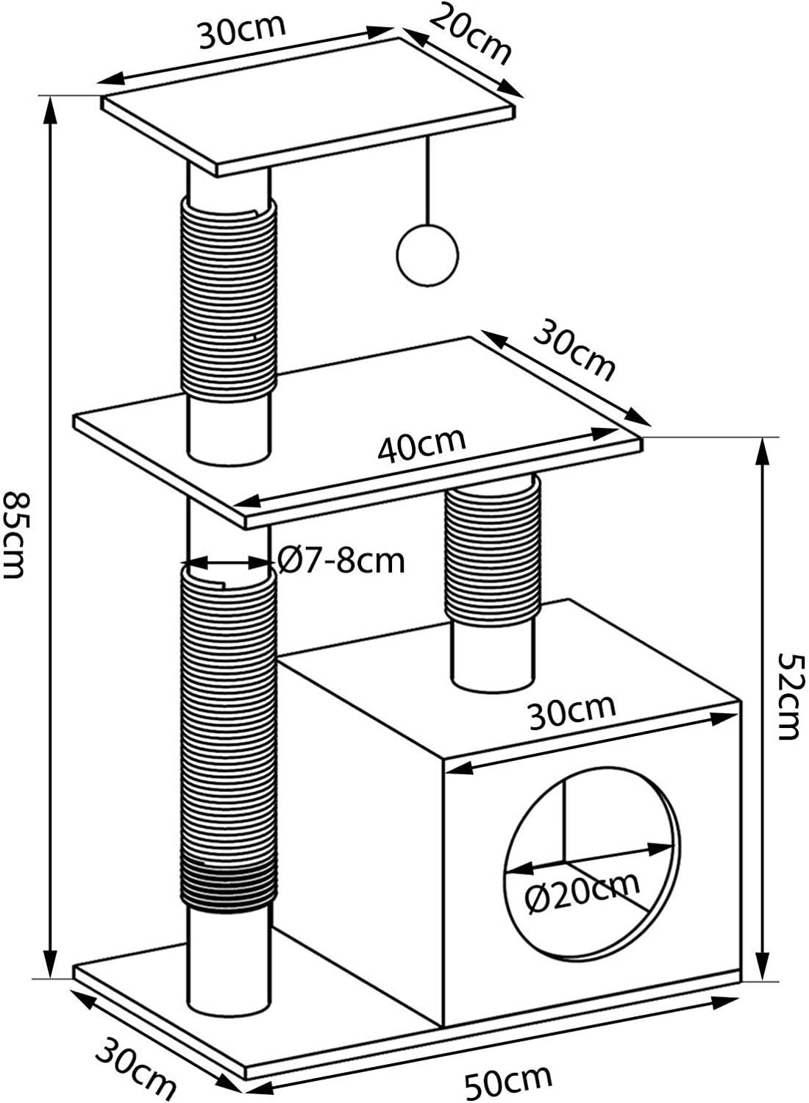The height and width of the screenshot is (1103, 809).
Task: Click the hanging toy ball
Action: [427, 254]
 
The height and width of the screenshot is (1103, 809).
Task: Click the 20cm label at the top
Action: [470, 34]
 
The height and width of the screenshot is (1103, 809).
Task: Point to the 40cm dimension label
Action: [421, 445]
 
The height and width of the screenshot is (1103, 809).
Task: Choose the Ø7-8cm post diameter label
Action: [341, 560]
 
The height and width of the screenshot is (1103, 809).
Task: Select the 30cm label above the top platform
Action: [242, 32]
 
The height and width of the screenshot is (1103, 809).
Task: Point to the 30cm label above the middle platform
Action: [574, 349]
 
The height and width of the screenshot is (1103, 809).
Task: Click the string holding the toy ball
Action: [427, 180]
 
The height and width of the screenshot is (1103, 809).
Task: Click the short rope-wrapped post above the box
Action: [493, 583]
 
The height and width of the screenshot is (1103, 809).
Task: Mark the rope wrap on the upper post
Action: [229, 299]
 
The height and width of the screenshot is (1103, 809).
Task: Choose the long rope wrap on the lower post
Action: [229, 737]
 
